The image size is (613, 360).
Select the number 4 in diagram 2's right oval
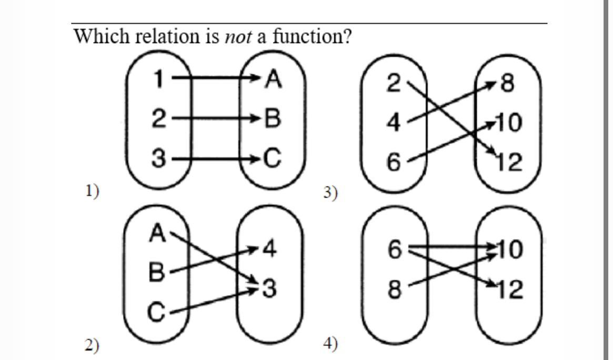269,248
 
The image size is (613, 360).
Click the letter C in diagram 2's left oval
156,313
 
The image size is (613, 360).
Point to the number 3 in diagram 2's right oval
269,288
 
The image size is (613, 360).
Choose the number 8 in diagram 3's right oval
508,83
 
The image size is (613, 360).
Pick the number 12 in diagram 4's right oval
509,289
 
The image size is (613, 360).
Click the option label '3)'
330,193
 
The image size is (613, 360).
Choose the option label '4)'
330,344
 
